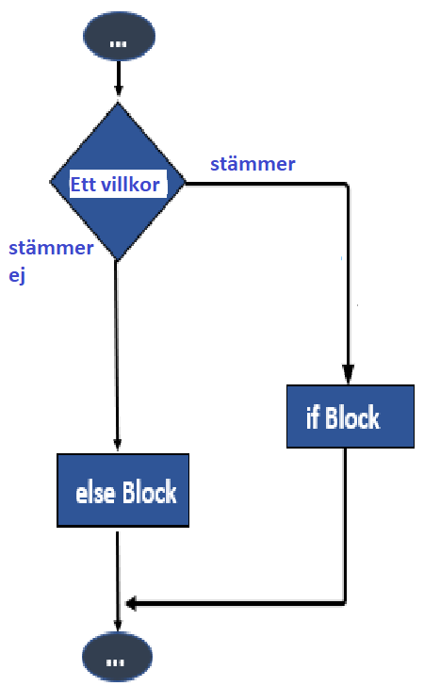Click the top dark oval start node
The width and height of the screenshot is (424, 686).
pos(119,36)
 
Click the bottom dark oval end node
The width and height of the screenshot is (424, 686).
pos(117,656)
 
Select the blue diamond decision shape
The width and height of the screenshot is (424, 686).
pos(118,182)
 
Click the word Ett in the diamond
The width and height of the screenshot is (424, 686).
pos(83,185)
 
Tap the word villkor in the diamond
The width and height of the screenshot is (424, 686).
pos(130,185)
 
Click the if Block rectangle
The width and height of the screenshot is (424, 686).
pos(351,416)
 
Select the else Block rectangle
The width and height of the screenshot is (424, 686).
pos(122,490)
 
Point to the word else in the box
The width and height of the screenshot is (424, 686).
pos(95,493)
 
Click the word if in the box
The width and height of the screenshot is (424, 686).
pos(313,416)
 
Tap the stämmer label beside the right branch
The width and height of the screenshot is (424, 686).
pos(253,164)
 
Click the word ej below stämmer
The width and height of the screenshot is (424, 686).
pos(17,275)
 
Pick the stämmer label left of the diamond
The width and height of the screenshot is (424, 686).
pos(51,248)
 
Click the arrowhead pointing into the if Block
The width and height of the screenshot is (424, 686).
pos(348,374)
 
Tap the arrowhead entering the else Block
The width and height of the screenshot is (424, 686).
pos(117,444)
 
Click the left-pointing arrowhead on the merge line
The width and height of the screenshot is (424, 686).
pos(131,603)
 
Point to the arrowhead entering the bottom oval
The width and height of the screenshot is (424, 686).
pos(118,625)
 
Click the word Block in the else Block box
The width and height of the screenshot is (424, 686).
pos(149,492)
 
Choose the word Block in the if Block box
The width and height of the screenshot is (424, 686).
pos(352,416)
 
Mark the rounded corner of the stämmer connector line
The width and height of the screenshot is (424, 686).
pos(347,186)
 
